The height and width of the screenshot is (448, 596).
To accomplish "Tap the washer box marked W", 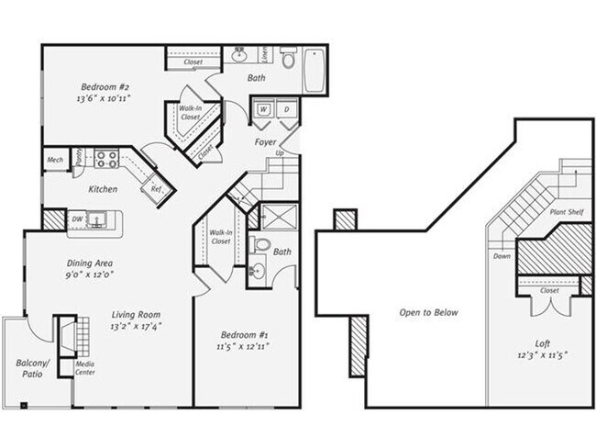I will pos(262,110).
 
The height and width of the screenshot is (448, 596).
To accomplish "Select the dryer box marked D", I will pos(285,110).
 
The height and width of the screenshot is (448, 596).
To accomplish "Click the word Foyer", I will pos(265,143).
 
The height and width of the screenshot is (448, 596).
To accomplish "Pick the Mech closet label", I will pos(54,161).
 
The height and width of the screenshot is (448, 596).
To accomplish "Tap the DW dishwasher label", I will pos(77,219).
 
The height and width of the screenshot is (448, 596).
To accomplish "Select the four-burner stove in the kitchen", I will pos(105,157).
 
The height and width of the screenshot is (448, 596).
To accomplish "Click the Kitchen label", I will pos(102,189).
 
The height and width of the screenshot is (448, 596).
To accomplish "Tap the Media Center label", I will pos(85,368).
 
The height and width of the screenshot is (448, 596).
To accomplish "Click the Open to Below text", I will pos(428,312).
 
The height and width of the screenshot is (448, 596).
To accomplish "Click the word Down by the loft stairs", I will pos(502,256).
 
